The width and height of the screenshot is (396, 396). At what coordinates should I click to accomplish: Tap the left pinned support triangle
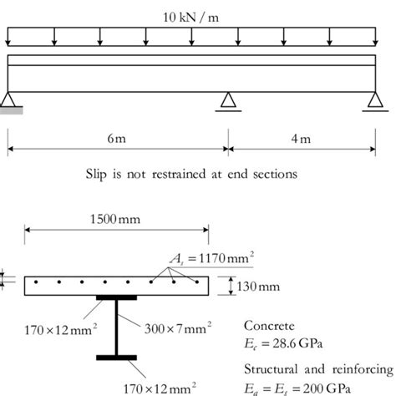(9, 99)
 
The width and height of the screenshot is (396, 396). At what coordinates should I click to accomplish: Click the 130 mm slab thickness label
(253, 286)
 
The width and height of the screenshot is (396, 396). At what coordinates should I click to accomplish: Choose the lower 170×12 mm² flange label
(161, 386)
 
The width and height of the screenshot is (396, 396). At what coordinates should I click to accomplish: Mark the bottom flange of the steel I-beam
(116, 358)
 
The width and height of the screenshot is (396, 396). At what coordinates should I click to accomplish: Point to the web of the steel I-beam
(116, 328)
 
